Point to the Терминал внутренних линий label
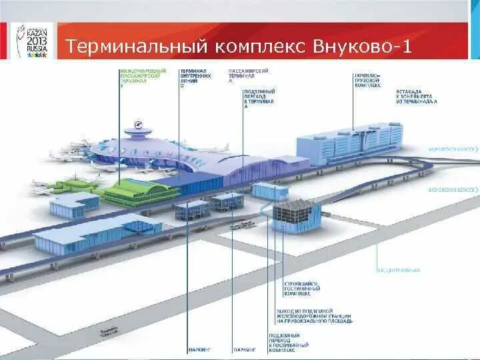(194, 76)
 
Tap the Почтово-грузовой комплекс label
(368, 81)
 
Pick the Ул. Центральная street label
(399, 270)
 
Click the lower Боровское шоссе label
(453, 189)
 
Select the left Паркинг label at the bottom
(199, 349)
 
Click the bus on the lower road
(108, 330)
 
